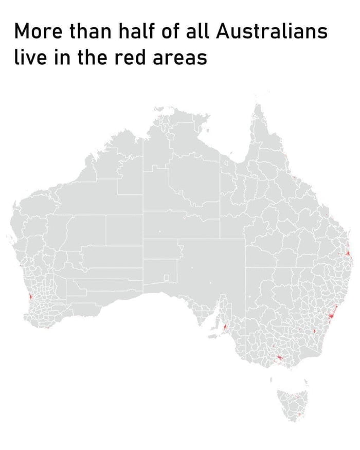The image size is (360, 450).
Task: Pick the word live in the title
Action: pos(29,57)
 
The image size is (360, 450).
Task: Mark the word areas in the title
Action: pos(181,57)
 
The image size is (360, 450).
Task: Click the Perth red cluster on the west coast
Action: pos(31,297)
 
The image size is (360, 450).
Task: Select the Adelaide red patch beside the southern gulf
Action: pos(225,327)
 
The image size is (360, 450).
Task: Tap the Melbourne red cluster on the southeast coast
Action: pos(278,356)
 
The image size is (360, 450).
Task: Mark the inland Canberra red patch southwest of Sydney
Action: pos(314,331)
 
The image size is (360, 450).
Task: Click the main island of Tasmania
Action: pos(291,404)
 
